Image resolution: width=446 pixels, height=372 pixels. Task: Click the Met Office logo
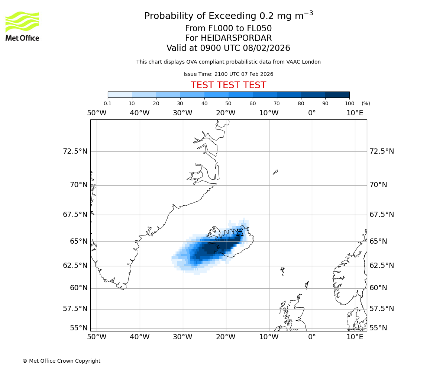pos(22,26)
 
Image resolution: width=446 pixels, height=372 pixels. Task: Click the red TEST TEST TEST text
pos(228,85)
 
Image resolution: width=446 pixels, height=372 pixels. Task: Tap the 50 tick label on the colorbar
pos(228,103)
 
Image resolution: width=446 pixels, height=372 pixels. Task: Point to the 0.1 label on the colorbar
pos(108,103)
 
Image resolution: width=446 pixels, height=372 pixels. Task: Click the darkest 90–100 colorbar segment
pos(337,94)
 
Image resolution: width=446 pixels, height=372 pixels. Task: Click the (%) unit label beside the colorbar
pos(366,103)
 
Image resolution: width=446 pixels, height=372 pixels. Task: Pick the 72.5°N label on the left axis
pos(75,151)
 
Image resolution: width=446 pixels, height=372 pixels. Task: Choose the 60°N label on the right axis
pos(378,288)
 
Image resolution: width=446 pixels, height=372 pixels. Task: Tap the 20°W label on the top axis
pos(226,113)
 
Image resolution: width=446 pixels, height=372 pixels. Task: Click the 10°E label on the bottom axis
pos(355,337)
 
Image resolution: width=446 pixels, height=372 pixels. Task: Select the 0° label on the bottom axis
pos(312,337)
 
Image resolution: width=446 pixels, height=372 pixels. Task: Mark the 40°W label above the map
pos(139,113)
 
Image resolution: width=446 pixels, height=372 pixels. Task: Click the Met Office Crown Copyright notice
pos(61,361)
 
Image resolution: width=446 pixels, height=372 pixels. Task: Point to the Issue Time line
pos(228,74)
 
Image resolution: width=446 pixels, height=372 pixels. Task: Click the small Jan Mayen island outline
pos(275,172)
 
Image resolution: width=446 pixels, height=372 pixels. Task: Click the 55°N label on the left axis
pos(79,328)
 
